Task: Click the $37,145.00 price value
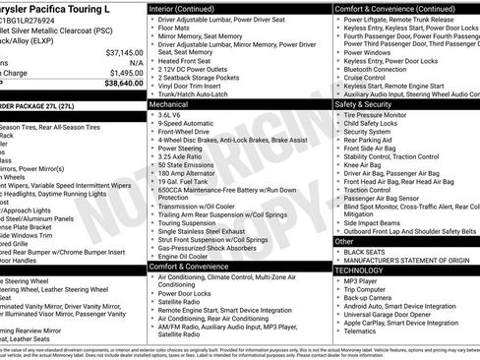pos(123,52)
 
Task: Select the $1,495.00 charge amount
pos(125,73)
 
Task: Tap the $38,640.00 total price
pos(123,84)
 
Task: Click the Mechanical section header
pos(168,102)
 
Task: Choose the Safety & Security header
pos(363,102)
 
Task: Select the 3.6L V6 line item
pos(173,113)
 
